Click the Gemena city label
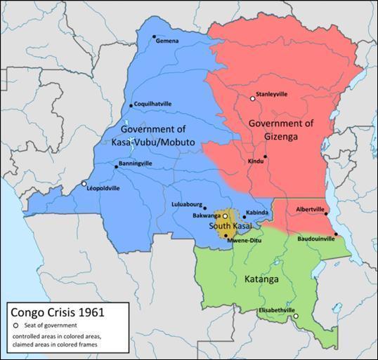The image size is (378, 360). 168,41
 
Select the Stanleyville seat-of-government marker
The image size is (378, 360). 252,99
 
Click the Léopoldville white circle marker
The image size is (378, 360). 84,184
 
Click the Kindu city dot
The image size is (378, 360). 266,156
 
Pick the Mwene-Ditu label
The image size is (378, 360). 244,239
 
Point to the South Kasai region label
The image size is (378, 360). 230,228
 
